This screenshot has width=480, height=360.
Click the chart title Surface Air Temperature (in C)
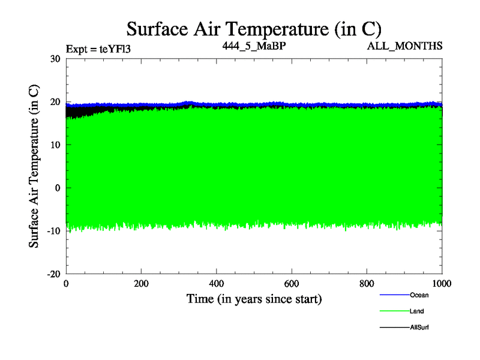click(x=253, y=29)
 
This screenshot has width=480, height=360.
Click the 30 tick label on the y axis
click(x=55, y=59)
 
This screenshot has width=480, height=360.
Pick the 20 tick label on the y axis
click(x=55, y=102)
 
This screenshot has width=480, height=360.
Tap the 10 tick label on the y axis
click(x=55, y=145)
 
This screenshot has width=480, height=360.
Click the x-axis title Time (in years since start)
click(x=254, y=298)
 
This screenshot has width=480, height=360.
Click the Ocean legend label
click(x=419, y=295)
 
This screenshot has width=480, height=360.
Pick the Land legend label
click(x=418, y=311)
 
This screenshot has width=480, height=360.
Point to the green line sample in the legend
click(x=394, y=311)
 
